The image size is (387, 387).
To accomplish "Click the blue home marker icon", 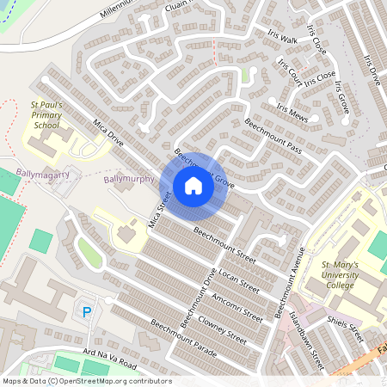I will click(x=193, y=186).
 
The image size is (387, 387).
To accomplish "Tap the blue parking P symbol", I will click(x=86, y=311).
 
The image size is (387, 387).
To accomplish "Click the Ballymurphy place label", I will click(x=128, y=180).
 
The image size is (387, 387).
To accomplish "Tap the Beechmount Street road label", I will click(x=225, y=244).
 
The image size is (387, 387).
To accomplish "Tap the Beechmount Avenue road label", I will click(x=290, y=284).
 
